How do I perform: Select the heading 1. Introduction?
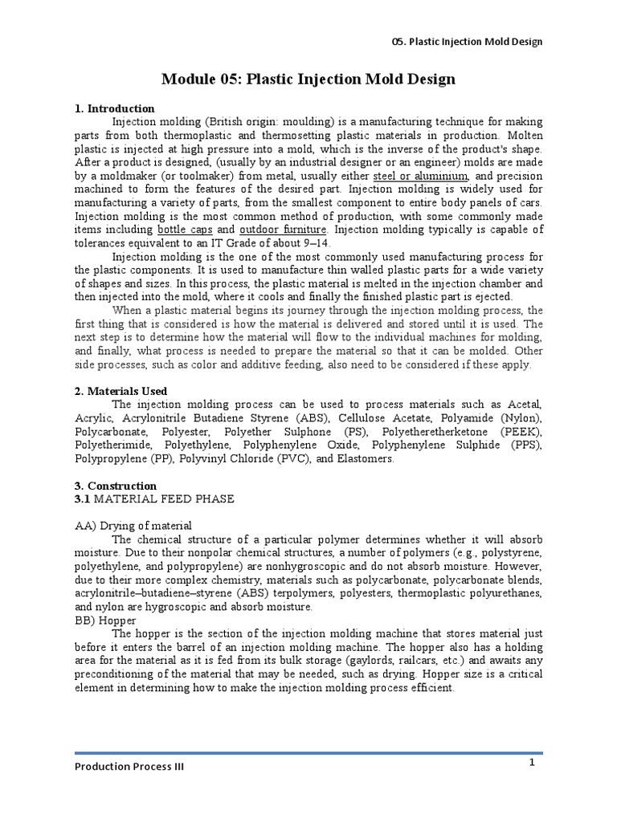pyautogui.click(x=114, y=108)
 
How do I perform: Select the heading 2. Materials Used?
pyautogui.click(x=121, y=391)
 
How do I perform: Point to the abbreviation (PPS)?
pyautogui.click(x=523, y=445)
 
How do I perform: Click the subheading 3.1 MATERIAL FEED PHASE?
pyautogui.click(x=154, y=499)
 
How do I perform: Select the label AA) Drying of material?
pyautogui.click(x=133, y=526)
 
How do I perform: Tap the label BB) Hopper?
pyautogui.click(x=105, y=621)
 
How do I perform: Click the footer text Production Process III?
pyautogui.click(x=129, y=767)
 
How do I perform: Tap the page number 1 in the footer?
pyautogui.click(x=532, y=763)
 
